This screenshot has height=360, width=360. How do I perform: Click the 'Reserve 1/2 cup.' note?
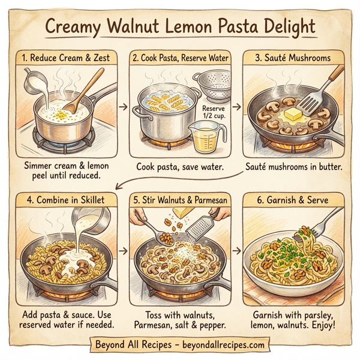point(215,112)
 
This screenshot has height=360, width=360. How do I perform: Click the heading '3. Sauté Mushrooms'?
point(293,59)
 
